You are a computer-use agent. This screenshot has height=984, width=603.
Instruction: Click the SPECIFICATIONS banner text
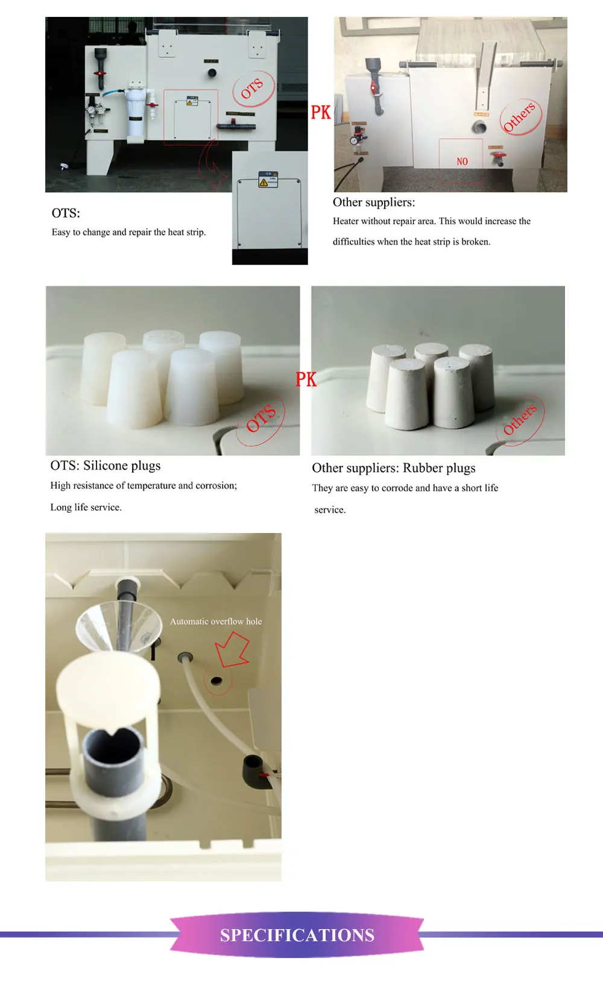(x=297, y=935)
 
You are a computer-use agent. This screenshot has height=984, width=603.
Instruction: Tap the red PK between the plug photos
(x=306, y=379)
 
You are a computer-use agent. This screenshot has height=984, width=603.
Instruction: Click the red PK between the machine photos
(x=321, y=112)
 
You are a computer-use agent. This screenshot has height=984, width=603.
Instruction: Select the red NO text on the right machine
(x=463, y=162)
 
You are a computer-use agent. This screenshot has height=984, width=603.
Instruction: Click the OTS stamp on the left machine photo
(x=253, y=89)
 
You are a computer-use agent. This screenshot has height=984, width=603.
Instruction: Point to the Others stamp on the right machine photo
(x=520, y=117)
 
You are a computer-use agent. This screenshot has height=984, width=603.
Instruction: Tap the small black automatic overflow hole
(x=216, y=681)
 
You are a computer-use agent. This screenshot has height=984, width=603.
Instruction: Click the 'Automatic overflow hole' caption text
(x=216, y=621)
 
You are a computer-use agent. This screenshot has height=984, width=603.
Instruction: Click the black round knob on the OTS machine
(x=212, y=73)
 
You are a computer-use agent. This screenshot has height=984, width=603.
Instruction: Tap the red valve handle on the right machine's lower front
(x=498, y=158)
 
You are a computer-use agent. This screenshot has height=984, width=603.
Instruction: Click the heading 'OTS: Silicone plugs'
(x=106, y=465)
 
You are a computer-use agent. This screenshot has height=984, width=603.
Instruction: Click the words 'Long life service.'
(x=86, y=507)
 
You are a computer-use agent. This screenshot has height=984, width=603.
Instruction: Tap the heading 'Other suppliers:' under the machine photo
(x=374, y=203)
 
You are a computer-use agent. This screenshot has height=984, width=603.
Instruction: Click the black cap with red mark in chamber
(x=253, y=771)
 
